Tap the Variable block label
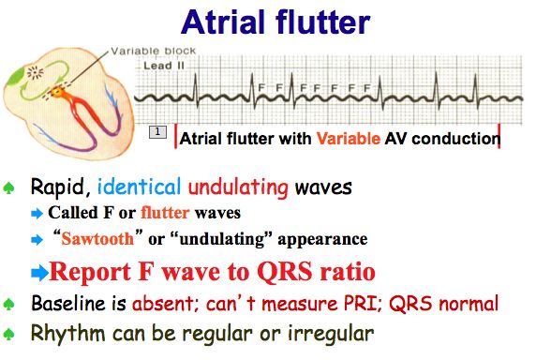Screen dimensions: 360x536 coord(142,52)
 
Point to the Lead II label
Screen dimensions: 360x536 coord(161,67)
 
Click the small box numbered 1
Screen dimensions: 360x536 coord(158,132)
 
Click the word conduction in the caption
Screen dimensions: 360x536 coord(455,139)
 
